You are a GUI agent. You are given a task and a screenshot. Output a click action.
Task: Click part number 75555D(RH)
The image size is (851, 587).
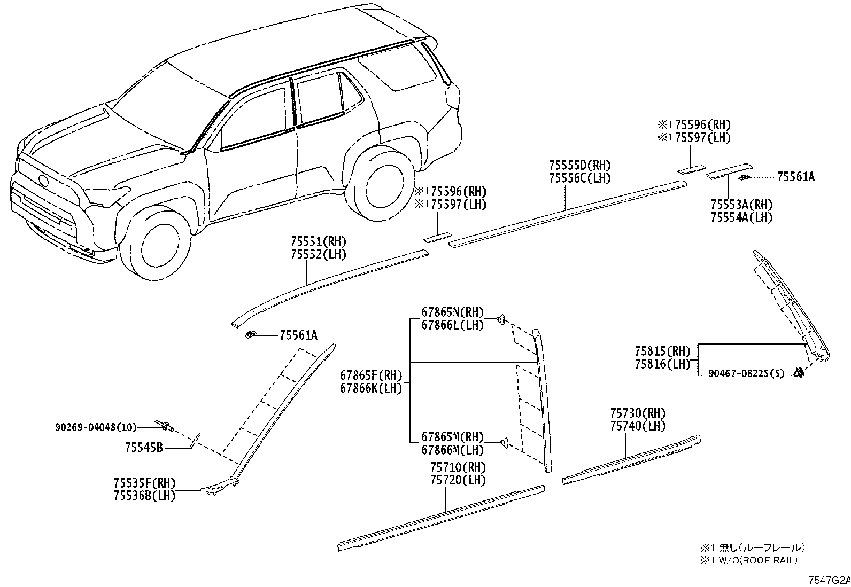[579, 166]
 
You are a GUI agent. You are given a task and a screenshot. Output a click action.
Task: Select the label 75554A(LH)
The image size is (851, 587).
[741, 217]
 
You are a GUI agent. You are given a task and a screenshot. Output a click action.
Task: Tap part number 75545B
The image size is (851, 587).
[144, 448]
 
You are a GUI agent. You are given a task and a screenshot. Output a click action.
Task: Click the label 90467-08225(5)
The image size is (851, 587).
[747, 374]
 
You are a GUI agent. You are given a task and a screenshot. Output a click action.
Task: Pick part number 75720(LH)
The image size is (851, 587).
[458, 480]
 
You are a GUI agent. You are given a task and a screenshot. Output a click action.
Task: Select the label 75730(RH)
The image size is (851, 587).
[638, 413]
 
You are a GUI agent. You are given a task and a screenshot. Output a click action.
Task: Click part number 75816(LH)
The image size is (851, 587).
[662, 364]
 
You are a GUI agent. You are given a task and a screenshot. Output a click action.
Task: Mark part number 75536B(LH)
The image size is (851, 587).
[144, 496]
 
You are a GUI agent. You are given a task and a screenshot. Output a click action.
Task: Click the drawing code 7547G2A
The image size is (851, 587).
[829, 580]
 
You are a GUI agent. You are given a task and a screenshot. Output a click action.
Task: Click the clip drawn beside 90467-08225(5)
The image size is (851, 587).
[799, 372]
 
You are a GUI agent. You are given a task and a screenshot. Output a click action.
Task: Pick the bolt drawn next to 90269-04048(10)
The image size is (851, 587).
[165, 426]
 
